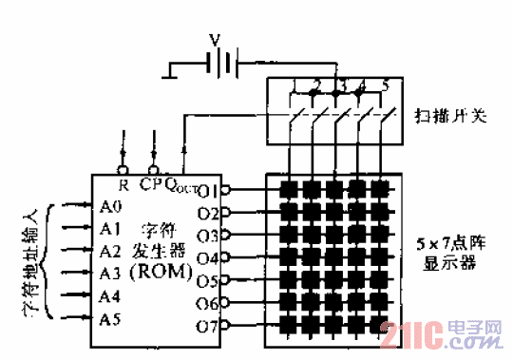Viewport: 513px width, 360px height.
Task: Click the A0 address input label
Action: click(x=110, y=206)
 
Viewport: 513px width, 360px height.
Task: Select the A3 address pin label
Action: click(x=110, y=274)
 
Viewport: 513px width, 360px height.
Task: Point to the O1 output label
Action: click(x=209, y=188)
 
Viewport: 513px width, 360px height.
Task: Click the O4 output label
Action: click(x=209, y=257)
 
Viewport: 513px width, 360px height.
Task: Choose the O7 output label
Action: click(x=209, y=326)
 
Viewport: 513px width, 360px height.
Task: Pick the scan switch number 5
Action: click(x=385, y=87)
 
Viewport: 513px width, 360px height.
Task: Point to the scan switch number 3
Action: click(x=341, y=88)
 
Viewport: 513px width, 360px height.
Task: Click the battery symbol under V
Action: click(x=221, y=65)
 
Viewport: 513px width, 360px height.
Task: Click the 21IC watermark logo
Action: click(x=441, y=334)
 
